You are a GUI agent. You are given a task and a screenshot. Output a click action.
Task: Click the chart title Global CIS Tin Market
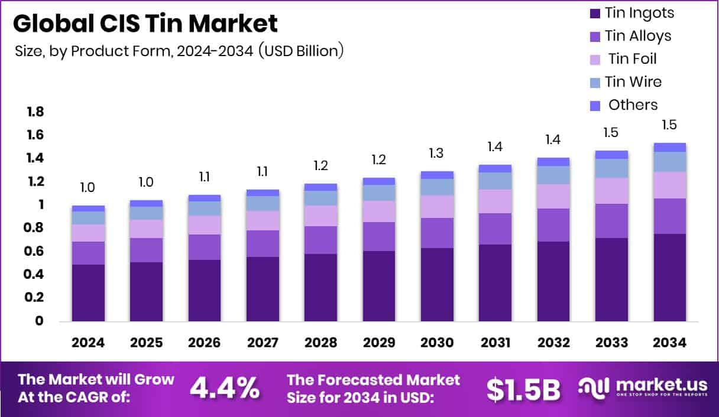click(145, 24)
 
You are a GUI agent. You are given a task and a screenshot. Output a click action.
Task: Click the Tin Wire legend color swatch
click(595, 82)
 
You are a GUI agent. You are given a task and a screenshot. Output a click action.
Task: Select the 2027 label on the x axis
click(263, 343)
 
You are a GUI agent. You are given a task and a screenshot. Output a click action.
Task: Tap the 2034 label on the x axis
click(669, 343)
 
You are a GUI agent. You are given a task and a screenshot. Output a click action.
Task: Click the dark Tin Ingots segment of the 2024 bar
click(88, 292)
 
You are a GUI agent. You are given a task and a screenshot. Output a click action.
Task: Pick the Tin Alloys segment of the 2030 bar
click(437, 233)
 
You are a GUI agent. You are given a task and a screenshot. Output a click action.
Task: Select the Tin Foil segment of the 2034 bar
click(669, 185)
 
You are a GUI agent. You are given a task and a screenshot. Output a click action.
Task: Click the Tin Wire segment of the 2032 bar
click(553, 175)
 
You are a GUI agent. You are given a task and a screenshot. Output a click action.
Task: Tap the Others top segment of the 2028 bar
click(320, 187)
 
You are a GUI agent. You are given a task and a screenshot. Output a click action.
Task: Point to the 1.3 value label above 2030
click(437, 154)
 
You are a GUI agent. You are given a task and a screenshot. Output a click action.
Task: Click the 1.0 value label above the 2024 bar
click(88, 188)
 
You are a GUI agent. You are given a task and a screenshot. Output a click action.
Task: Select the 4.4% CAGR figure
click(224, 387)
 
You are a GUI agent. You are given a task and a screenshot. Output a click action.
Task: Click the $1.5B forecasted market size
click(523, 388)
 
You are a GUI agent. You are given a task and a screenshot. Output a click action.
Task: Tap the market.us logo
click(642, 387)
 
